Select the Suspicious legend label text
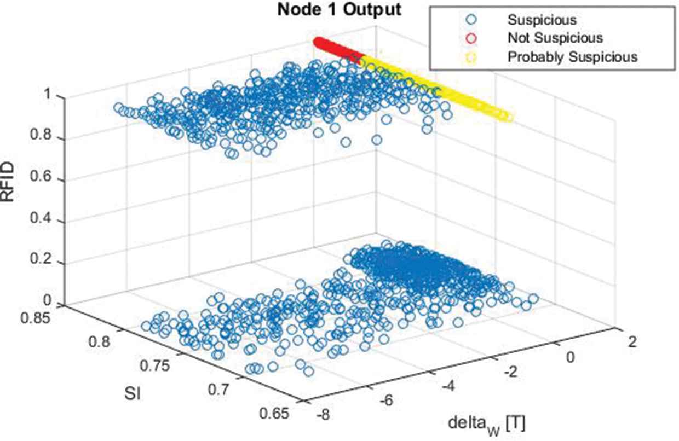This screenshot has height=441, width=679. click(x=542, y=20)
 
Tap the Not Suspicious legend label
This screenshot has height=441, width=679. click(x=555, y=38)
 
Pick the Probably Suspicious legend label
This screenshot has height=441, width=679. click(x=573, y=56)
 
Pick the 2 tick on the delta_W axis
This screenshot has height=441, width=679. click(x=632, y=343)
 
